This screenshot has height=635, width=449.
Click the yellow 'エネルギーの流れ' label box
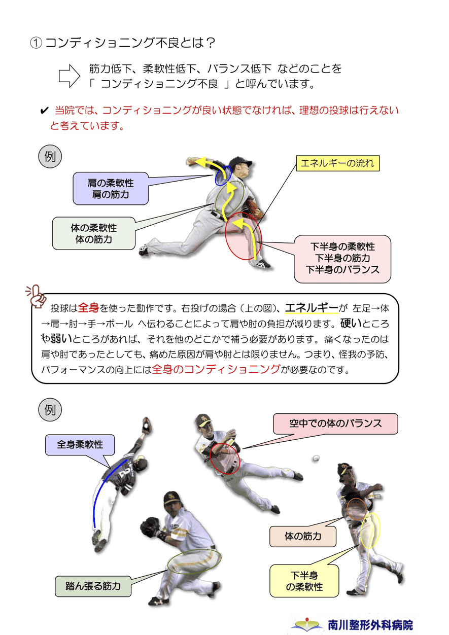coord(337,163)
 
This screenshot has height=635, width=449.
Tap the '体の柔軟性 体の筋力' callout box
coord(93,233)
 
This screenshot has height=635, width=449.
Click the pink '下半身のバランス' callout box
coord(342,259)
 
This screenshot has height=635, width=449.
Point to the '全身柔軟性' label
coord(80,445)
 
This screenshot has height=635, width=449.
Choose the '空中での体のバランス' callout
coord(335,423)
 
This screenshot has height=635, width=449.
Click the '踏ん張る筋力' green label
coord(93,586)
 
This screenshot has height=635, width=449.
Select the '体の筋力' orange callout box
coord(303,536)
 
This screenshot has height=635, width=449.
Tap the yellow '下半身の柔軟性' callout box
coord(304,581)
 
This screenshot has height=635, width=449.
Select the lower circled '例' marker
coord(50,409)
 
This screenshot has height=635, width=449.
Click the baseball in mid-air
coord(317,458)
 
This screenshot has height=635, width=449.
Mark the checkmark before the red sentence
coord(44,111)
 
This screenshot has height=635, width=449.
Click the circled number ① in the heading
coord(36,44)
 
